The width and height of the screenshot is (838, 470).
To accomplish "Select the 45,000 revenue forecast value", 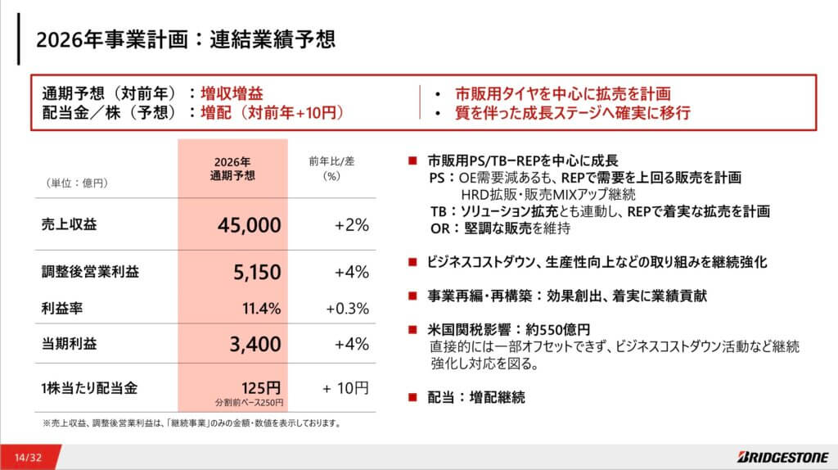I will point(250,224).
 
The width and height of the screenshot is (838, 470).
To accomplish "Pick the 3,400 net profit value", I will point(255,344).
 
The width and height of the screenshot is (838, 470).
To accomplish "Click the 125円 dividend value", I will point(262,386).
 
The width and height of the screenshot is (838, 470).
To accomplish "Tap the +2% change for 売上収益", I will point(352,224).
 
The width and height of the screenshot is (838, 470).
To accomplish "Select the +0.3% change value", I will point(347,309).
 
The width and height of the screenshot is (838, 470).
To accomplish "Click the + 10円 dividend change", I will point(345,386).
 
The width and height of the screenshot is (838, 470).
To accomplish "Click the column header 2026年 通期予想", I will point(233,168).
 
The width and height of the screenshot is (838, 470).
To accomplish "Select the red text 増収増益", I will point(232,94).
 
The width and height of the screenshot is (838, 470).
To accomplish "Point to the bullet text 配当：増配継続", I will point(475,398).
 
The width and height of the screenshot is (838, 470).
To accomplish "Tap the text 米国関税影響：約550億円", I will point(509,330).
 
